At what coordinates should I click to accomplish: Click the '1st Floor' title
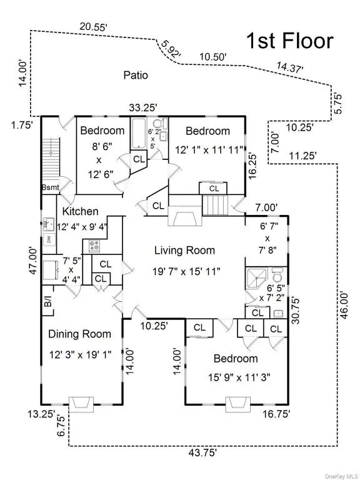point(289,41)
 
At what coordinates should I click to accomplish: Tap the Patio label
point(136,75)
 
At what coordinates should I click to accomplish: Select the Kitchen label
point(81,211)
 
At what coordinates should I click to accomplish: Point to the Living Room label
point(184,251)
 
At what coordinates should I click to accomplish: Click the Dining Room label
point(79,334)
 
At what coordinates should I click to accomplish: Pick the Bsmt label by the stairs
point(51,187)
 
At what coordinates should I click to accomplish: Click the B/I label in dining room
point(47,304)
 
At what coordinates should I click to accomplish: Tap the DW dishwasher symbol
point(49,239)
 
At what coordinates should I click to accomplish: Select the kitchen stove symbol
point(94,246)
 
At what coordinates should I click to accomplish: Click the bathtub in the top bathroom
point(138,134)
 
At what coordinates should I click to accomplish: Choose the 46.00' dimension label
point(344,305)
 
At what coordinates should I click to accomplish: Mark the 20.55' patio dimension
point(93,27)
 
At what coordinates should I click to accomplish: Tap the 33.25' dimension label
point(143,107)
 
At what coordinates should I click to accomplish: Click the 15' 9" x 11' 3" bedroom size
point(239,377)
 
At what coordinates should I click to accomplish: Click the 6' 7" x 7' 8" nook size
point(269,238)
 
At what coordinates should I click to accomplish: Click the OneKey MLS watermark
point(340,476)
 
